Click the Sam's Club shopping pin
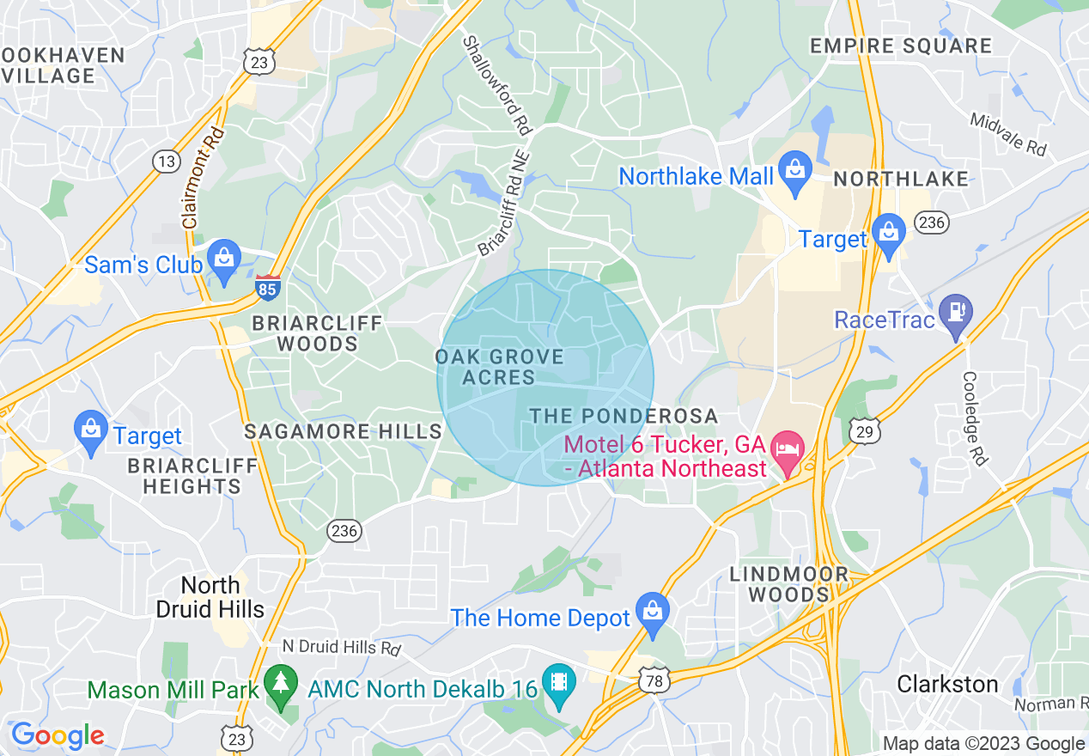(x=223, y=260)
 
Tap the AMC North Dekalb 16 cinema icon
(x=559, y=686)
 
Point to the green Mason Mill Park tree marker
(x=280, y=686)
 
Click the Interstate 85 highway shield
(x=267, y=287)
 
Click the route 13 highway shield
(x=166, y=161)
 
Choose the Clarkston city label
(x=947, y=684)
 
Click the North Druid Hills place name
(x=210, y=598)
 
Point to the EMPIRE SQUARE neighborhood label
(x=901, y=46)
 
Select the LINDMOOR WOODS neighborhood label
(x=788, y=584)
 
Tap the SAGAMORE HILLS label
(x=343, y=431)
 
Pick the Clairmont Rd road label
(x=204, y=177)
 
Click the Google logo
(x=58, y=735)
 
